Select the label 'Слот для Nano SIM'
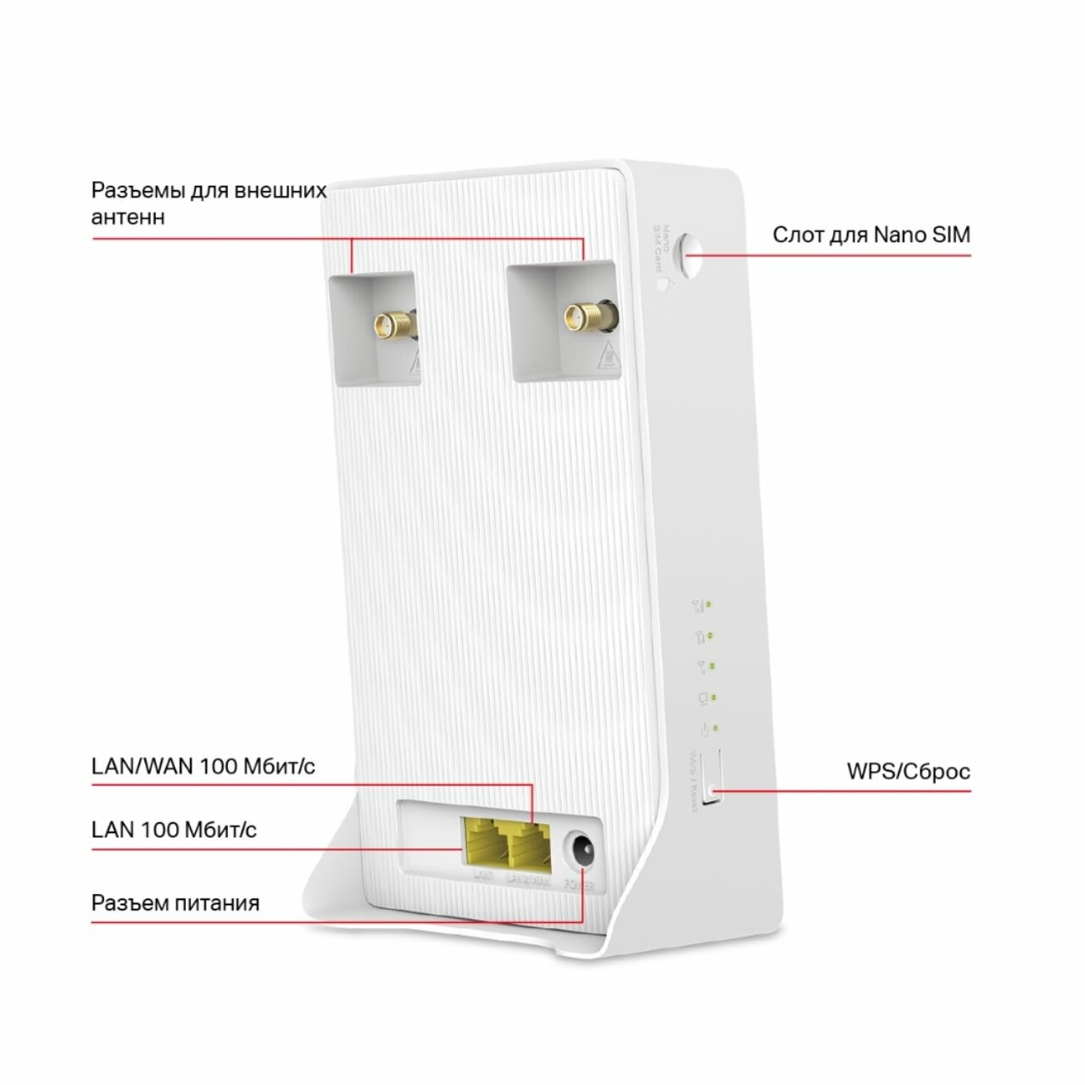(x=871, y=235)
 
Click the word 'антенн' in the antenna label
(x=128, y=217)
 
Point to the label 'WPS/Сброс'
(x=908, y=772)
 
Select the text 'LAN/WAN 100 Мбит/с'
(x=203, y=766)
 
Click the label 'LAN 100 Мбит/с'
(x=174, y=829)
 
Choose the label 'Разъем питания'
(x=175, y=903)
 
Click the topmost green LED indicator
(x=709, y=604)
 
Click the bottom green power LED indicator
(x=716, y=727)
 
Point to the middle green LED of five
(x=713, y=666)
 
